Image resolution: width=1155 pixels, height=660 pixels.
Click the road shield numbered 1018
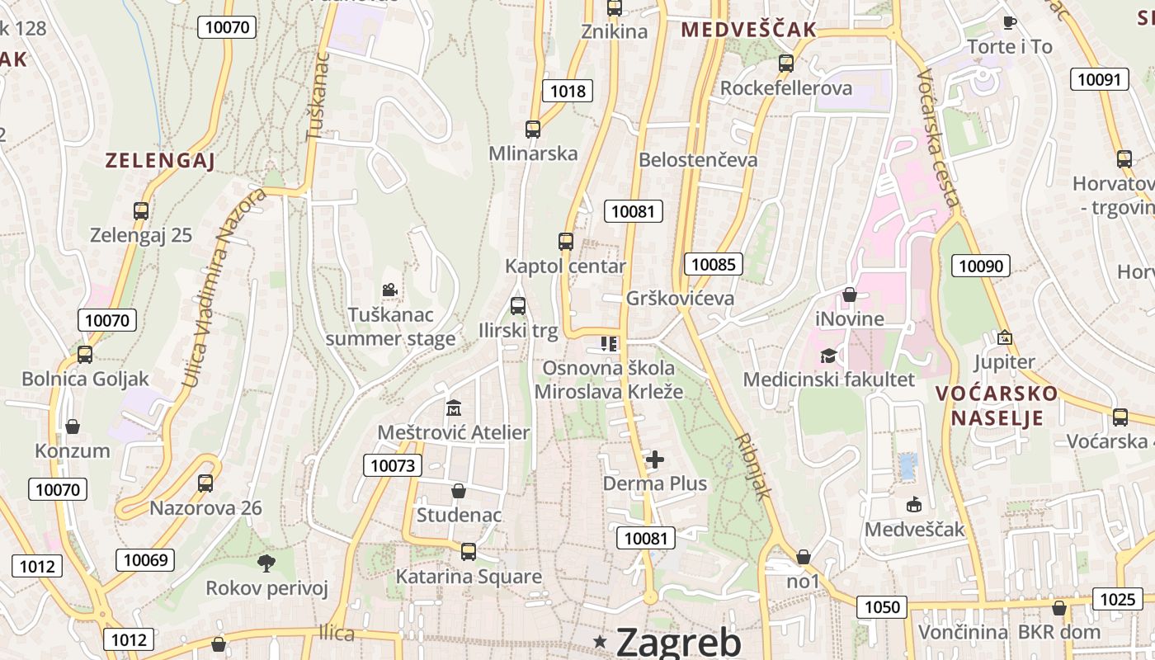point(568,91)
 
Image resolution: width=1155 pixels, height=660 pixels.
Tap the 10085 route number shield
point(714,264)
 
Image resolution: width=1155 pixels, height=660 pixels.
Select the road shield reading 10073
point(393,465)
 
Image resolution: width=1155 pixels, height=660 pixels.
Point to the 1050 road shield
point(882,607)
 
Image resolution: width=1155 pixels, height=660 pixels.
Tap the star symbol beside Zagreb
point(600,641)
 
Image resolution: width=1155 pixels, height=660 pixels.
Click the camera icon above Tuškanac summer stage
point(389,290)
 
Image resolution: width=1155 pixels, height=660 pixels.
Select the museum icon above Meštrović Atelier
point(453,408)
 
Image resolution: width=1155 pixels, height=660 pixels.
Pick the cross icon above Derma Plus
point(655,459)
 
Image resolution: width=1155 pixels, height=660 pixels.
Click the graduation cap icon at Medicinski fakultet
point(828,356)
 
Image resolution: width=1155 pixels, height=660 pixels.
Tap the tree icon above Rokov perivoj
point(266,563)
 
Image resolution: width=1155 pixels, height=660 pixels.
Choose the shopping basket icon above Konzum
point(73,427)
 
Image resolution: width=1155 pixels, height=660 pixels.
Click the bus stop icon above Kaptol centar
point(565,242)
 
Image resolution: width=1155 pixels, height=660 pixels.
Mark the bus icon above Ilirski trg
point(518,306)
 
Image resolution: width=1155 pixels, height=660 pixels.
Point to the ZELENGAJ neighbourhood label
point(160,161)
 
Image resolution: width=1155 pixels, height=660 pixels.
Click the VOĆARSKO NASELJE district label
point(997,405)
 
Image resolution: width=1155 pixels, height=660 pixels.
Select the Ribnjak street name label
point(753,466)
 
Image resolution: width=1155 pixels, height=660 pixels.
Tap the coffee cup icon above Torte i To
point(1009,22)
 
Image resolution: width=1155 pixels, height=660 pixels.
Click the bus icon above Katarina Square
point(469,552)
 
